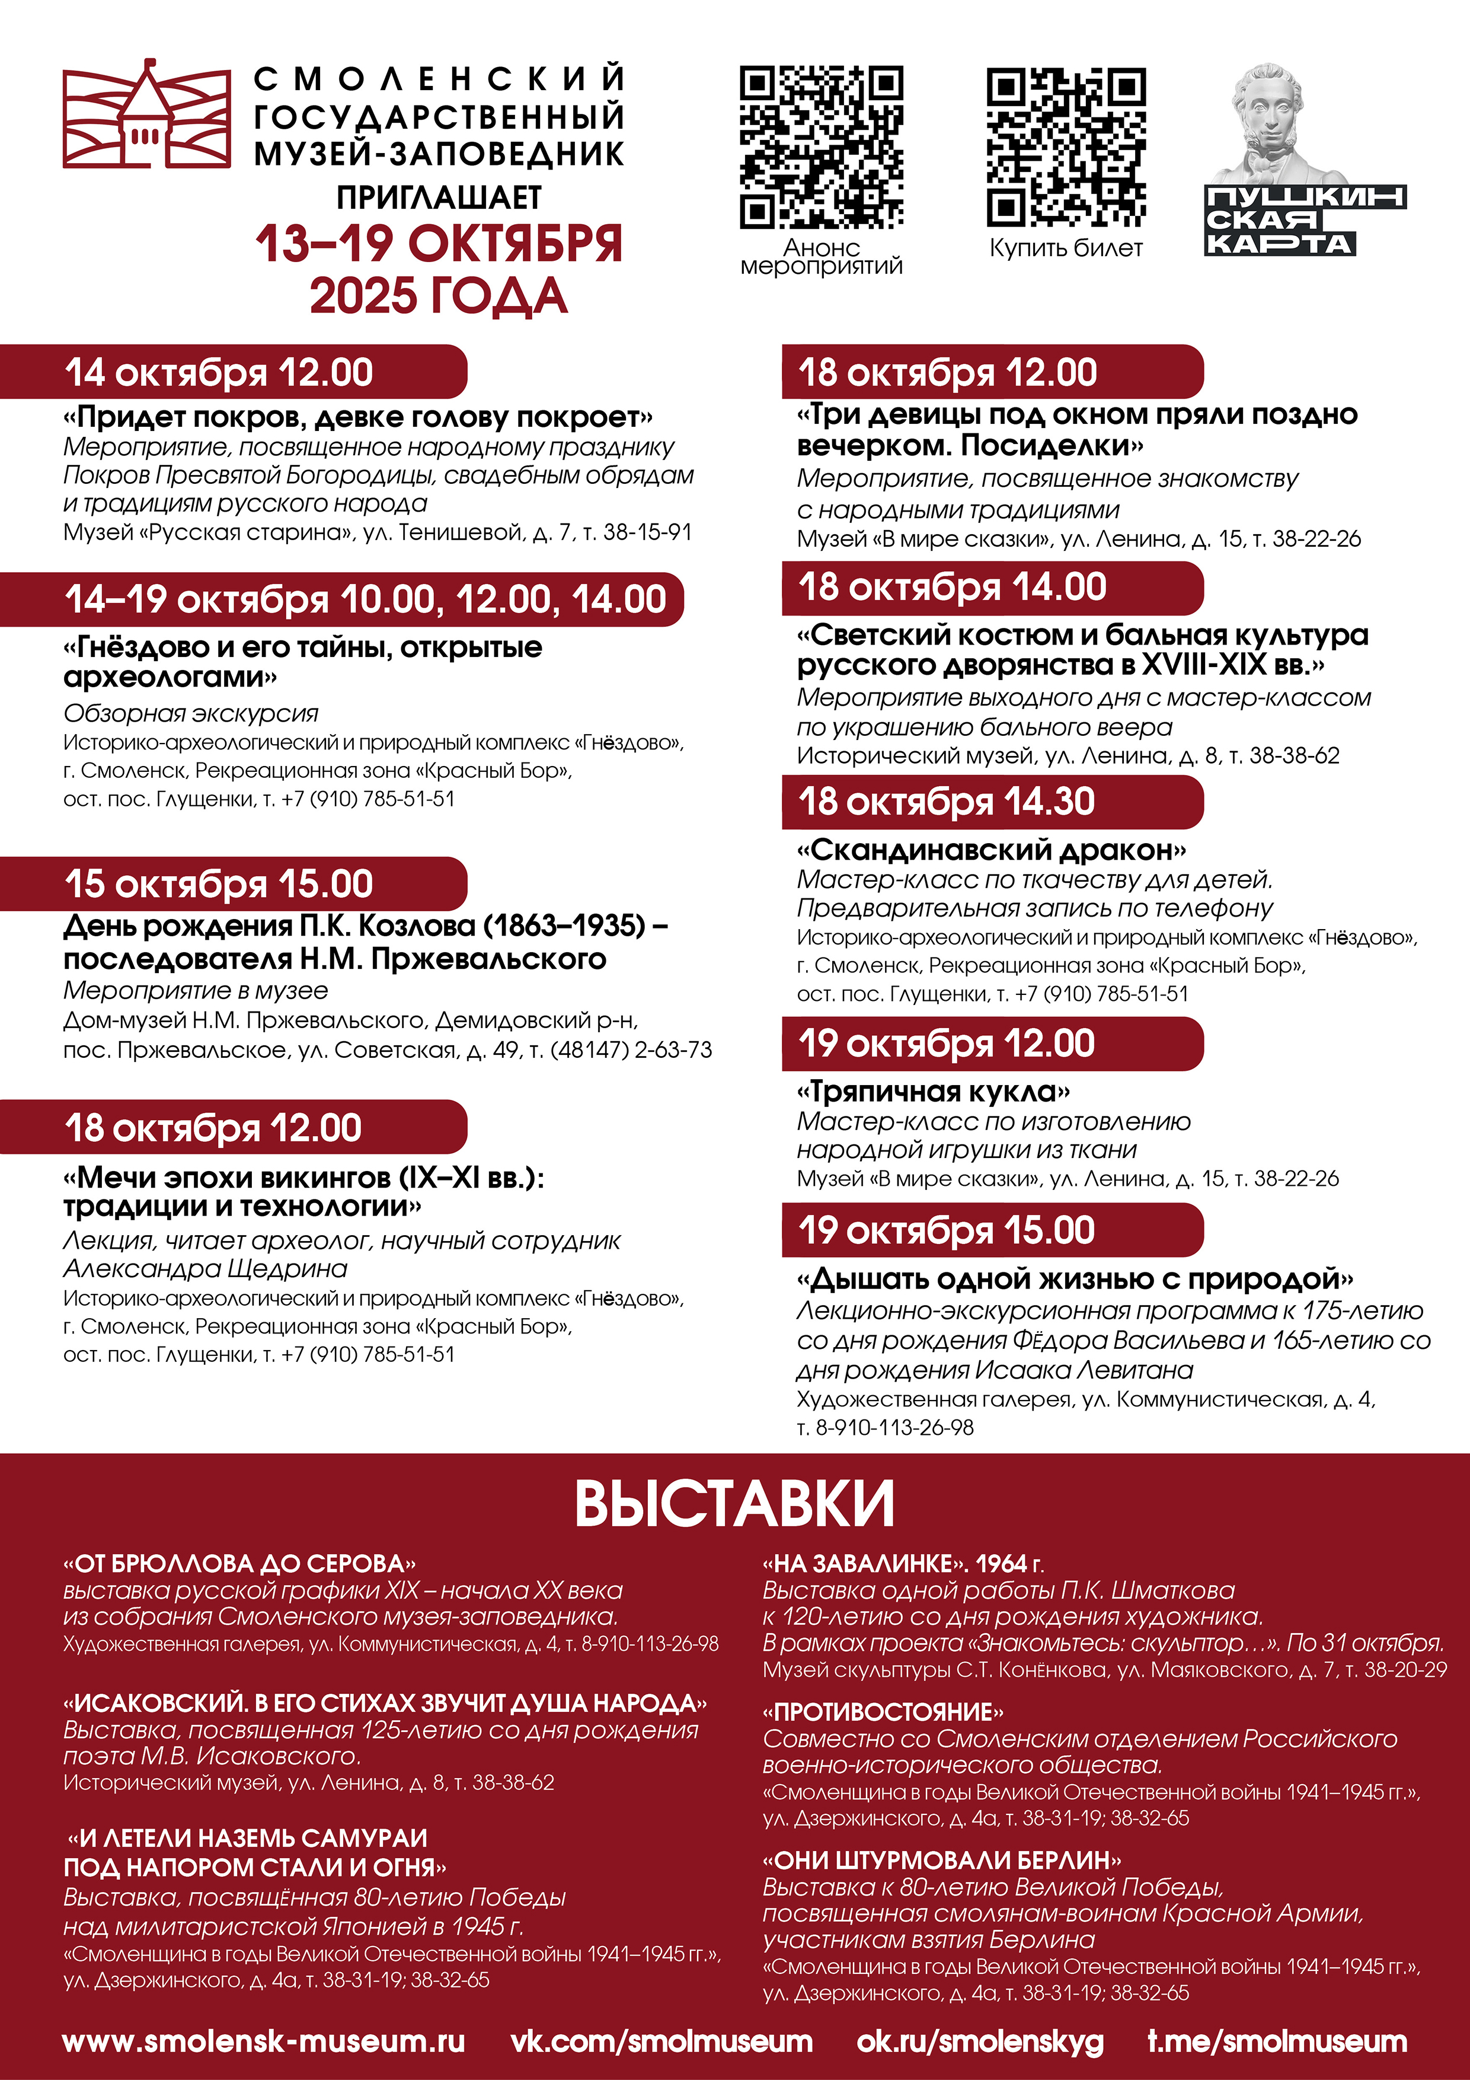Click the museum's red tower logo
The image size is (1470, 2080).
coord(146,115)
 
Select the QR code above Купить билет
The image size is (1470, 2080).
coord(1065,147)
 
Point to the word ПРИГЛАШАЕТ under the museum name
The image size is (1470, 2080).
coord(439,197)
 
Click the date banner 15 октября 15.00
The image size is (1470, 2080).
coord(219,884)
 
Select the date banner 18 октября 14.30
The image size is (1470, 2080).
coord(947,802)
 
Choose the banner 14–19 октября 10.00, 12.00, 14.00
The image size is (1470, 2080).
coord(365,599)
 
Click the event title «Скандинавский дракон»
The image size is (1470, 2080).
coord(991,850)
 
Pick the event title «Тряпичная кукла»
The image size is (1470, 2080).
coord(933,1092)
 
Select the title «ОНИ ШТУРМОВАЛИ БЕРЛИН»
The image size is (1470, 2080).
coord(942,1860)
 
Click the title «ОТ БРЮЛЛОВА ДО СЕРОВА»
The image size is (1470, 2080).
coord(239,1564)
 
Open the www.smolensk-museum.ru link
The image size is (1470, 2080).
coord(264,2041)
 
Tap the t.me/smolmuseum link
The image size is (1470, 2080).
coord(1277,2041)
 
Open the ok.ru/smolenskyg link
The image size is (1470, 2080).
coord(980,2041)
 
